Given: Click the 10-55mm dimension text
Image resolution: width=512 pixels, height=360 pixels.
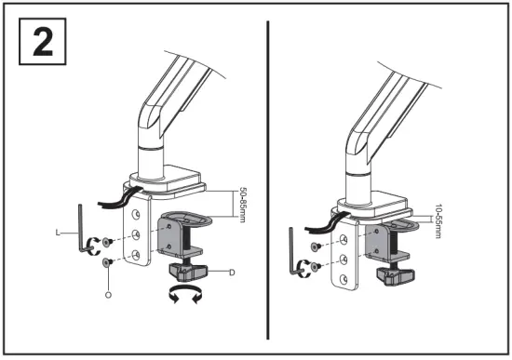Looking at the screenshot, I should pos(437,221).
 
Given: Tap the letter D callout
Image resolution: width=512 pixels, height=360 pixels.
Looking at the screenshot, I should pos(229,271).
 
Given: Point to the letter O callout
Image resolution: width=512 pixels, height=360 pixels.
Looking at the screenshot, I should pos(108,294).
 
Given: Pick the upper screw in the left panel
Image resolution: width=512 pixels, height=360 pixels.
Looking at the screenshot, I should pos(107,241).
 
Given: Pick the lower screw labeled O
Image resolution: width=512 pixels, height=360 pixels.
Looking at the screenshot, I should pos(108,263).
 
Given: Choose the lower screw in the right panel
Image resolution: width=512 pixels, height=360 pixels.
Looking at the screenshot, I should pos(317,268).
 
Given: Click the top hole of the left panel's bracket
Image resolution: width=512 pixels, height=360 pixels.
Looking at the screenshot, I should pos(137,214).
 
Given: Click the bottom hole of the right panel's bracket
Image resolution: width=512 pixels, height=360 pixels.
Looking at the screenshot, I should pos(347,279).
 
